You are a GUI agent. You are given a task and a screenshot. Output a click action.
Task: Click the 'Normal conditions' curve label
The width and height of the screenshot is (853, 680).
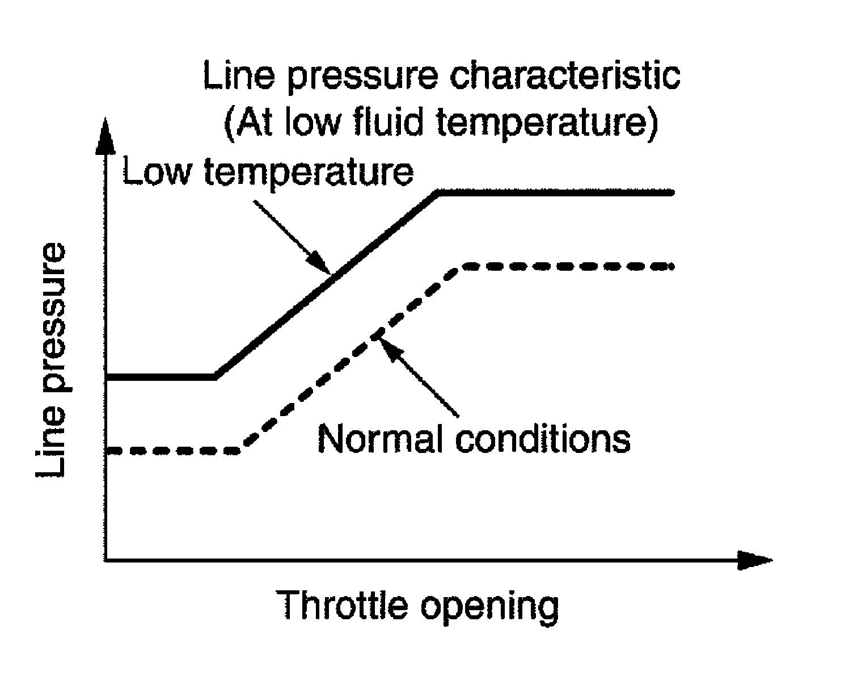tap(474, 438)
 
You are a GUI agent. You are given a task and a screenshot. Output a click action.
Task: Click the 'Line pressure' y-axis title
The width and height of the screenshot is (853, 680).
tap(52, 360)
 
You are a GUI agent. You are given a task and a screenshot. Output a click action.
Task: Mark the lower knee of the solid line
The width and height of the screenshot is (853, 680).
tap(216, 376)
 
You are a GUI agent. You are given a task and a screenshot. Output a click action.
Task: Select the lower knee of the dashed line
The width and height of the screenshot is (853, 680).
tap(240, 451)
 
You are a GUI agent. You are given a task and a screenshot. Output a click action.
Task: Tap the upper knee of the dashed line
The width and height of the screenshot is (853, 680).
tap(462, 266)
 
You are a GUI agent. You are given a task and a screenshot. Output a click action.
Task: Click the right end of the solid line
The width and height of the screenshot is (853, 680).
tap(672, 193)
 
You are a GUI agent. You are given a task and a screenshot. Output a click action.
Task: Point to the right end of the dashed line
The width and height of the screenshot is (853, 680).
tap(672, 266)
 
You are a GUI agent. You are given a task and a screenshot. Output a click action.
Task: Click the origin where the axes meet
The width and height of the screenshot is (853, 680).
tap(105, 560)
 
